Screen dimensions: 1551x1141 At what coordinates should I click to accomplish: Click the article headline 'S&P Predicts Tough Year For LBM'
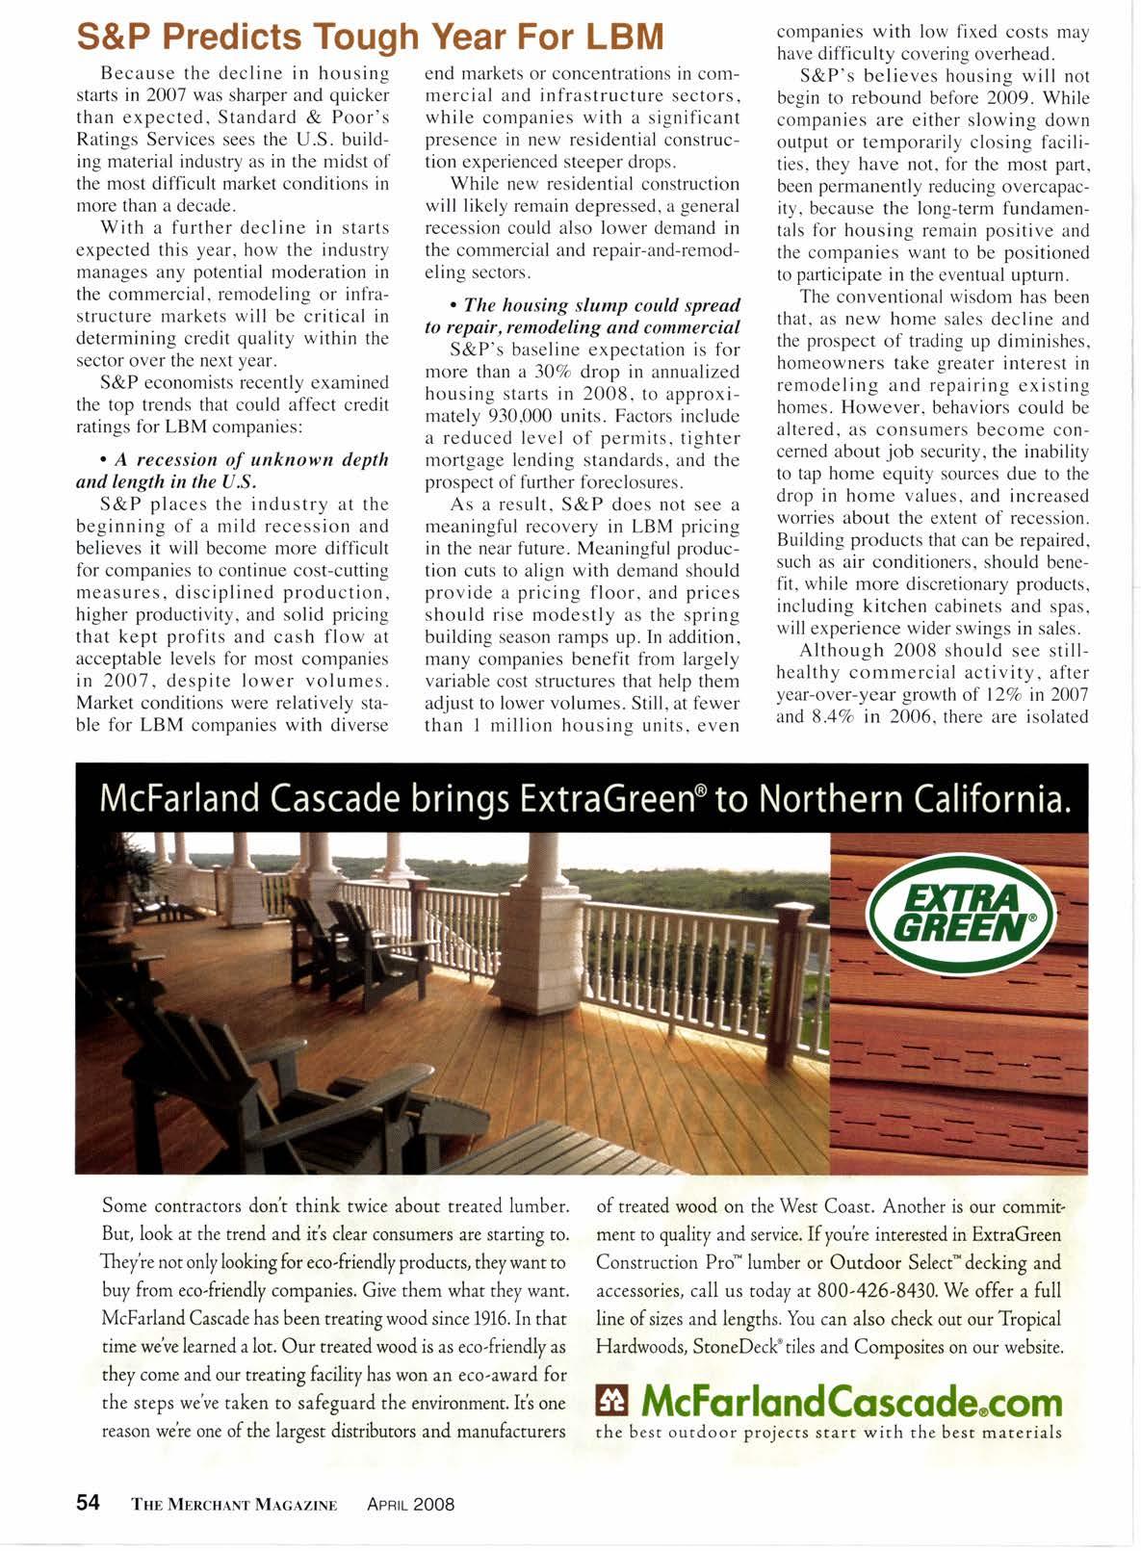370,37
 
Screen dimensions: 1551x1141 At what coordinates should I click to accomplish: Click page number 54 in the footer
89,1504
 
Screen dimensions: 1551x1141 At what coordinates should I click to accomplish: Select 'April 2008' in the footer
409,1505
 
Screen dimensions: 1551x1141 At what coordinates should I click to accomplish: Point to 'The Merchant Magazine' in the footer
234,1505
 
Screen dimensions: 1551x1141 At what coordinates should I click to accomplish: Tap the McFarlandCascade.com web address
852,1401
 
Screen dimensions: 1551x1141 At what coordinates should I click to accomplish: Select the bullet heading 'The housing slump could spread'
602,305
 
